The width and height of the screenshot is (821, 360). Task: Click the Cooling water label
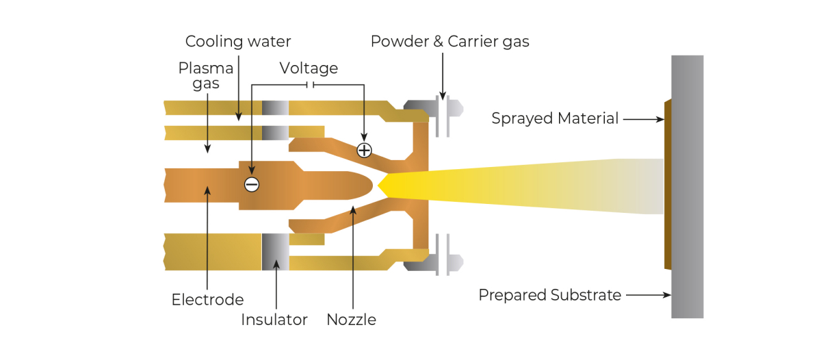click(238, 42)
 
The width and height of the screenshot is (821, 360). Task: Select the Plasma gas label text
click(206, 76)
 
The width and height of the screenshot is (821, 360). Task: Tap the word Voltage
click(309, 68)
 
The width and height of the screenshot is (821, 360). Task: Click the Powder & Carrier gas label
click(449, 42)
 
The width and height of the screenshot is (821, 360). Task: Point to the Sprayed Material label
click(555, 119)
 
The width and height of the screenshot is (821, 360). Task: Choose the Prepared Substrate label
click(549, 295)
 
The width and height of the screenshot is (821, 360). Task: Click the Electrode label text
click(207, 300)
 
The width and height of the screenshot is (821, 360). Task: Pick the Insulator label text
click(274, 320)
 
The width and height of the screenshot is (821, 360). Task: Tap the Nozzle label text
click(351, 320)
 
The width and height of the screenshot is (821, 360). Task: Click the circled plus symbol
click(364, 150)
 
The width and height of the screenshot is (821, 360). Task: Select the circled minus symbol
click(252, 184)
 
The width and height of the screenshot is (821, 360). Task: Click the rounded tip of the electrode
click(366, 184)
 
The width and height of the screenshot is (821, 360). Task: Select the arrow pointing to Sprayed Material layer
click(643, 119)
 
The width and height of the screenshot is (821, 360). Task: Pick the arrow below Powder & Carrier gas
click(443, 75)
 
